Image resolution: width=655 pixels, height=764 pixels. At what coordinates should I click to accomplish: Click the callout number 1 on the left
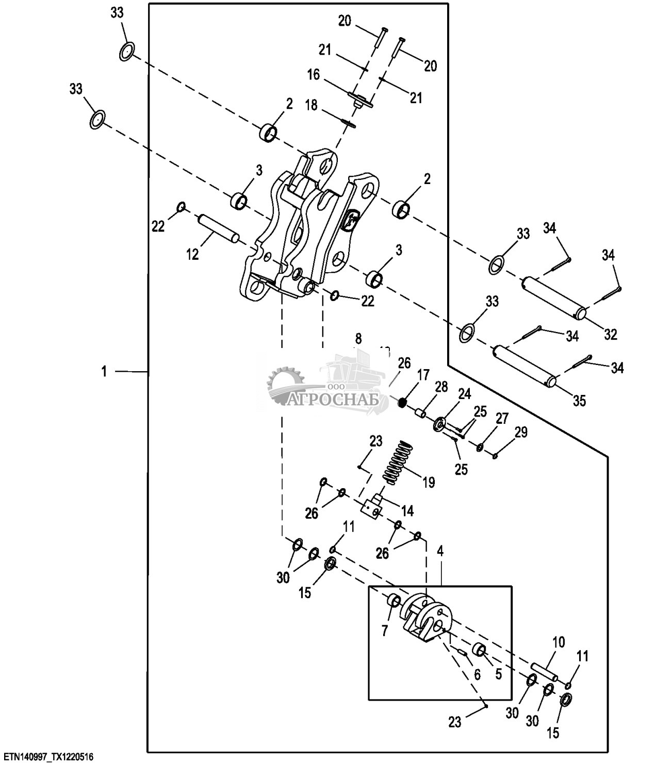(x=104, y=371)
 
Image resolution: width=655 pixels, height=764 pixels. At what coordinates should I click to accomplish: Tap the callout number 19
(x=428, y=483)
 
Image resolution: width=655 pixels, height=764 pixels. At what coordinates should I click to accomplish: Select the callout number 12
(x=192, y=254)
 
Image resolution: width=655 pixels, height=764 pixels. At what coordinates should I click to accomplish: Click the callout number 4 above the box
(x=440, y=551)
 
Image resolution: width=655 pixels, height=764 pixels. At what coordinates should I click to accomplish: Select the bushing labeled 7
(x=394, y=601)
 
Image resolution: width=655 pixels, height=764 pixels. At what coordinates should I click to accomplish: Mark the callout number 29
(x=521, y=433)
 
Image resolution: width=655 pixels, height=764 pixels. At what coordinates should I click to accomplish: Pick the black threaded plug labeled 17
(x=403, y=400)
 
